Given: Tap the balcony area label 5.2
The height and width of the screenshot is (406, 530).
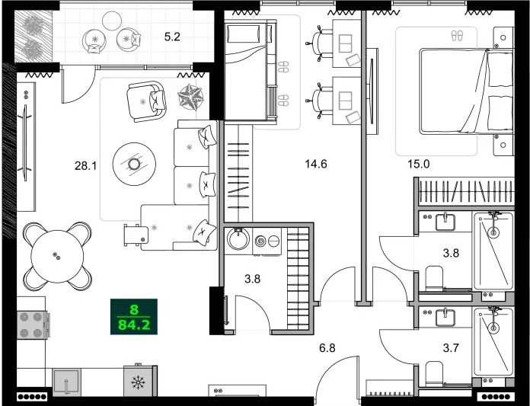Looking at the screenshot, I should pos(171,35).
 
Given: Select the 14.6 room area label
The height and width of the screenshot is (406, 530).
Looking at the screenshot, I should pos(315,163).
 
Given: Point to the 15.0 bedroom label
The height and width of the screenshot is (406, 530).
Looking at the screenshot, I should pos(418,163).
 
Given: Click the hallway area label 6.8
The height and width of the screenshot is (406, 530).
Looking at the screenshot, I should pos(327,348).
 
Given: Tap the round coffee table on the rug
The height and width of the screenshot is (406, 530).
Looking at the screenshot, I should pos(134,163).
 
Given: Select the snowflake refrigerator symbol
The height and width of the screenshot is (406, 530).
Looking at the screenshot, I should pos(139,382).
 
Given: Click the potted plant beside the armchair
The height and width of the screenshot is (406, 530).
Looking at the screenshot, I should pos(190,98).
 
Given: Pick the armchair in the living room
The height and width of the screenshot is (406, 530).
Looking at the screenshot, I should pos(146,102).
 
